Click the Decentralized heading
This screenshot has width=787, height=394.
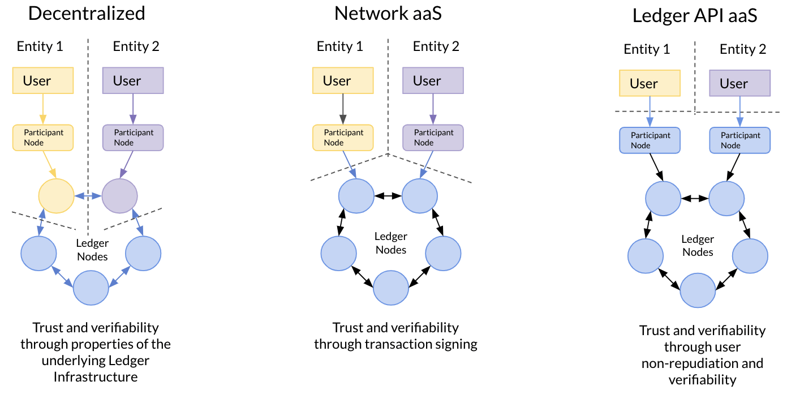tap(87, 13)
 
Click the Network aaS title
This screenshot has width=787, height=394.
tap(388, 13)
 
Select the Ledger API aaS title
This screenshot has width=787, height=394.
tap(695, 16)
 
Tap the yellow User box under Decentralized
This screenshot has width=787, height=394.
tap(43, 81)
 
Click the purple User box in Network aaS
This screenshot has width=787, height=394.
tap(433, 81)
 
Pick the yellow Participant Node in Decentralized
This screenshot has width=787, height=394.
tap(43, 138)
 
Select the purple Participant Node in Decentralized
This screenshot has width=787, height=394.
tap(133, 138)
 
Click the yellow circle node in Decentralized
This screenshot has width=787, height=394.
tap(56, 196)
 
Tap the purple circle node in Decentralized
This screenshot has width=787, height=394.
tap(119, 196)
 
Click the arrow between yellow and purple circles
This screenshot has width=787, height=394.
tap(88, 196)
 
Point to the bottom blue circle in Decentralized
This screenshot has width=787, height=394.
tap(91, 288)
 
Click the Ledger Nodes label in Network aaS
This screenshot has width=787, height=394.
tap(390, 243)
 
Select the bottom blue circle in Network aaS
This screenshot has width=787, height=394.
tap(391, 288)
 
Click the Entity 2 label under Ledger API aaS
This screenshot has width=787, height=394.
tap(742, 49)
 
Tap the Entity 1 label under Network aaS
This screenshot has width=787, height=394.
tap(339, 46)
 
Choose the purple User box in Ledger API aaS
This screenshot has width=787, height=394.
tap(739, 84)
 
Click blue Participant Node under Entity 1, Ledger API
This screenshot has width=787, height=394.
tap(650, 140)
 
